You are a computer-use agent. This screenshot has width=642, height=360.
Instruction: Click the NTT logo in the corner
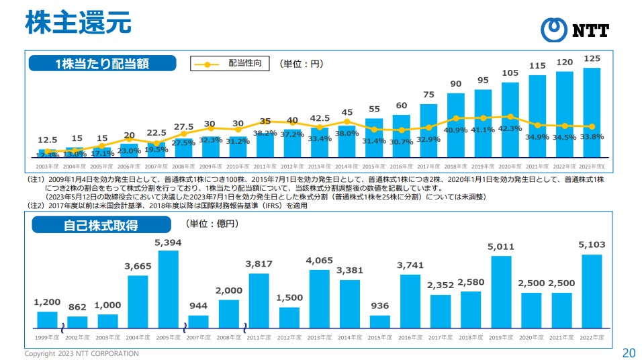click(577, 29)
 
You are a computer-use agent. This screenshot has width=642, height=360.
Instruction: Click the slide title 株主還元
click(78, 22)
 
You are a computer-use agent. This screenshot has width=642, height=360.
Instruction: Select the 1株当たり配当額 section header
click(102, 63)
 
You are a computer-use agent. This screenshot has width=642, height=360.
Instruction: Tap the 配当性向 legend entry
click(231, 64)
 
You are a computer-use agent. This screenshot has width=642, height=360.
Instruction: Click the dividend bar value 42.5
click(319, 118)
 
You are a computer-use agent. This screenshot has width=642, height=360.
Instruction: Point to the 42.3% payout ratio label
click(510, 128)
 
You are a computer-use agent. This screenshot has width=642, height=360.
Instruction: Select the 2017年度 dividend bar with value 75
click(428, 130)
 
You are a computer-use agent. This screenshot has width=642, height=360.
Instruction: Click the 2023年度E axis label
click(592, 166)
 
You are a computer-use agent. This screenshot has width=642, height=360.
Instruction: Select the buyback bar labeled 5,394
click(168, 287)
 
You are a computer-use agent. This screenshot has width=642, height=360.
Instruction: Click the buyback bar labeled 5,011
click(501, 290)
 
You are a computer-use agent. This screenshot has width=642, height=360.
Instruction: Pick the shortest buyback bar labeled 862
click(77, 321)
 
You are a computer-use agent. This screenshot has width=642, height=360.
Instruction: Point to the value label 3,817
click(259, 263)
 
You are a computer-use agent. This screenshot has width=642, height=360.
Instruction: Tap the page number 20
click(629, 353)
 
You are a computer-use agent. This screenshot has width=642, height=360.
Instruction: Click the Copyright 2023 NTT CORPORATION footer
click(82, 353)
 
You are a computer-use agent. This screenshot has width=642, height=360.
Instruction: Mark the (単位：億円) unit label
click(212, 223)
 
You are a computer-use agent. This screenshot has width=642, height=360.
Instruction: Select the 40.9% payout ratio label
click(456, 130)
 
